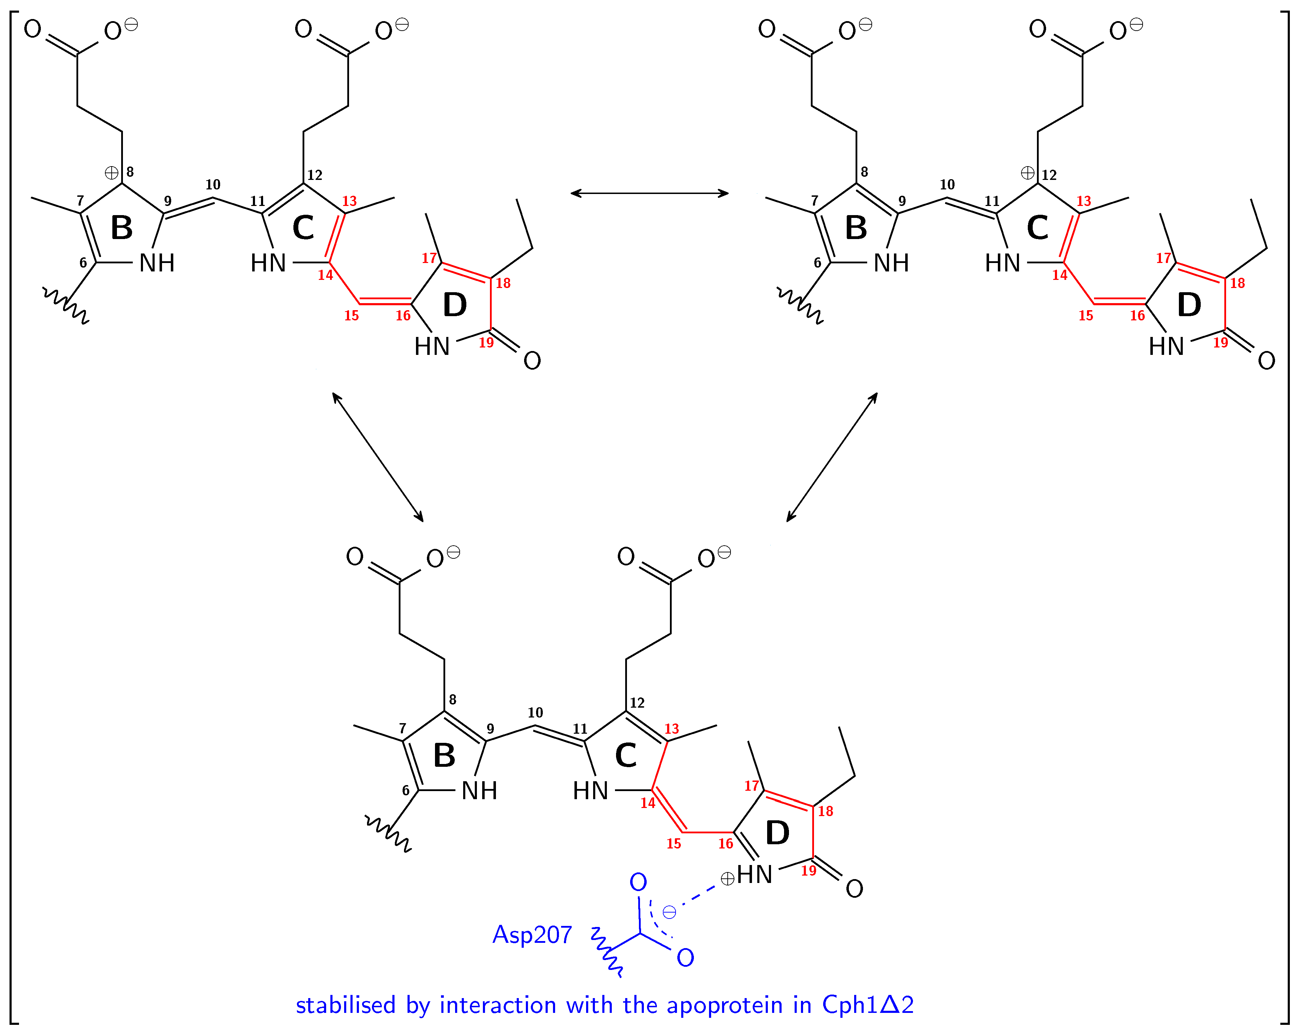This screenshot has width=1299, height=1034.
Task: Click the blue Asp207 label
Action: tap(532, 935)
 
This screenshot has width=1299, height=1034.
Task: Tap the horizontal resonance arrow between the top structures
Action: tap(649, 193)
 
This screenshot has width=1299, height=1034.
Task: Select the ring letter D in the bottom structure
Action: tap(777, 833)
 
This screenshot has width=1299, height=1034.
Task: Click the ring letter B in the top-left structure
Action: tap(122, 228)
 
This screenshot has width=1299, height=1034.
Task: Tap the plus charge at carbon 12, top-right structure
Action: tap(1027, 174)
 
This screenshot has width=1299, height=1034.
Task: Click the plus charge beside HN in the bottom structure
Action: tap(727, 879)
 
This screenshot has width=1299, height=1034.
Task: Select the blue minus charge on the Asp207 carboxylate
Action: tap(669, 912)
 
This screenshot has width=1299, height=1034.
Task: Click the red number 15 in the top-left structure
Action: tap(351, 315)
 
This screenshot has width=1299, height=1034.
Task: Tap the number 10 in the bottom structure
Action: tap(535, 713)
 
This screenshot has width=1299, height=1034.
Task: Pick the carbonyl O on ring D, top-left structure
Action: tap(532, 361)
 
